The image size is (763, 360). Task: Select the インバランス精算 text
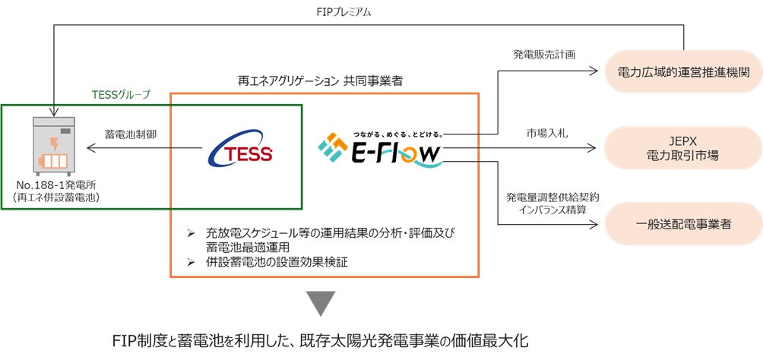(545, 210)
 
